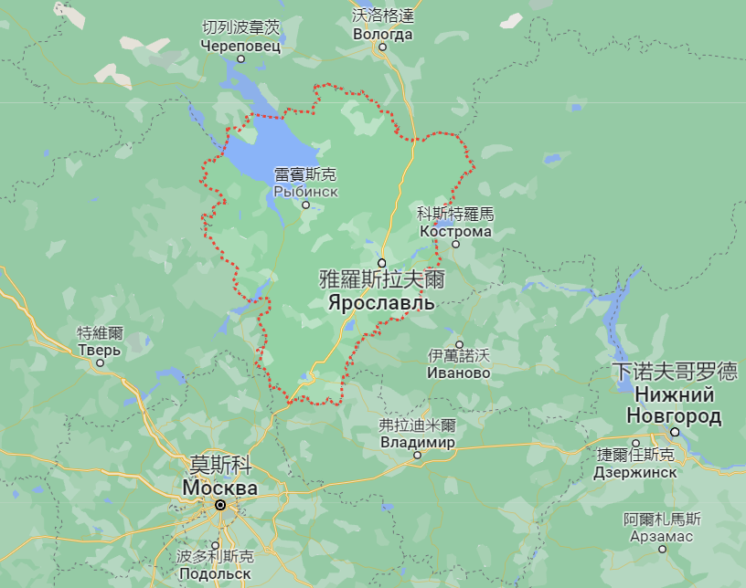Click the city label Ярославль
coord(382,301)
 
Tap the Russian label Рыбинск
coord(305,192)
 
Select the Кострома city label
coord(455,231)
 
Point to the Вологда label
coord(383,35)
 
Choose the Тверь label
coord(100,350)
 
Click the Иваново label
coord(459,373)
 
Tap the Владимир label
coord(417,443)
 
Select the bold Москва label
coord(219,488)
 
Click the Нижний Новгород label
coord(674,405)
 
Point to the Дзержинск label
coord(635,472)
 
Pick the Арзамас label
coord(662,536)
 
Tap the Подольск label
coord(214,573)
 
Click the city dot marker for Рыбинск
coord(306,205)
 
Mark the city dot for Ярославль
coord(382,262)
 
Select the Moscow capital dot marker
coord(220,504)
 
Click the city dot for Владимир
coord(417,455)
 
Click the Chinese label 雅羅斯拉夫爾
coord(382,278)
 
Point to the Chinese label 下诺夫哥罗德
coord(675,372)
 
